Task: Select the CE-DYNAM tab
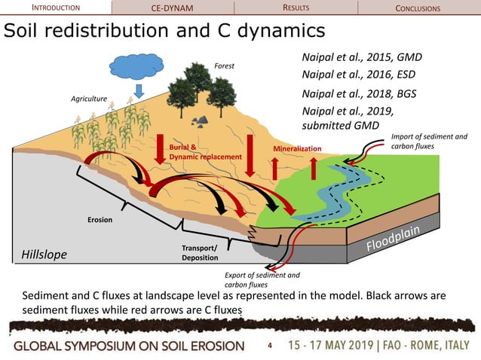pos(173,8)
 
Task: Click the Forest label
pos(224,66)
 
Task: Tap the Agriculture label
pos(89,99)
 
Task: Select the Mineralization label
pos(297,149)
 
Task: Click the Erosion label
pos(98,220)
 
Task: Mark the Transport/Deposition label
pos(200,252)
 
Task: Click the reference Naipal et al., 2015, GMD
pos(361,57)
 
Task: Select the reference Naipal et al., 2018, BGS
pos(358,93)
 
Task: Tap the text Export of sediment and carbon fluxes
pos(262,279)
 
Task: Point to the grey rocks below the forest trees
pos(201,119)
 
